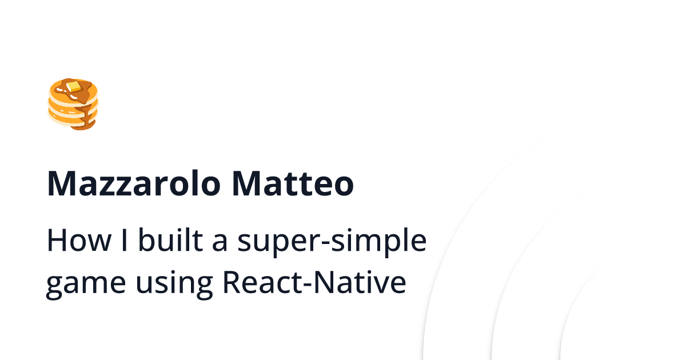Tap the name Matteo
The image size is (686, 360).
coord(293,184)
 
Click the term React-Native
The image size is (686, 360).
coord(314,282)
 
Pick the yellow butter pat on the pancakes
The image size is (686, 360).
coord(73,87)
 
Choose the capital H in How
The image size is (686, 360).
coord(56,241)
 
